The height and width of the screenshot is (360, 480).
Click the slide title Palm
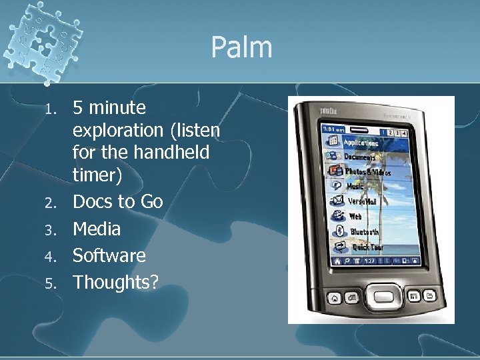coord(241,48)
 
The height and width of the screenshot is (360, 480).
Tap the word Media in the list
coord(97,229)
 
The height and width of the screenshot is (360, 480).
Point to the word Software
coord(109,255)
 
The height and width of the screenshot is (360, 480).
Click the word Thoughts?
coord(115,282)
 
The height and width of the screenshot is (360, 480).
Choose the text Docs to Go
coord(117,202)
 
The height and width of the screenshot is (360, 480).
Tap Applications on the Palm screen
coord(361,143)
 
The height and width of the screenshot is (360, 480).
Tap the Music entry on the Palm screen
coord(355,187)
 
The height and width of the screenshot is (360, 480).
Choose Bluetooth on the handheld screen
coord(365,232)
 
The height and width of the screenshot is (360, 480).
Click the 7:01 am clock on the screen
coord(333,129)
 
